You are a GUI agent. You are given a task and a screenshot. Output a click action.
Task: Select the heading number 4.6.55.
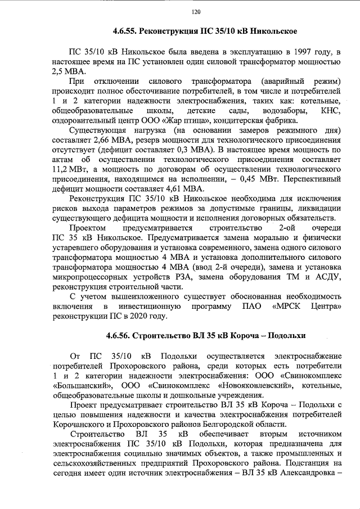(124, 30)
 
